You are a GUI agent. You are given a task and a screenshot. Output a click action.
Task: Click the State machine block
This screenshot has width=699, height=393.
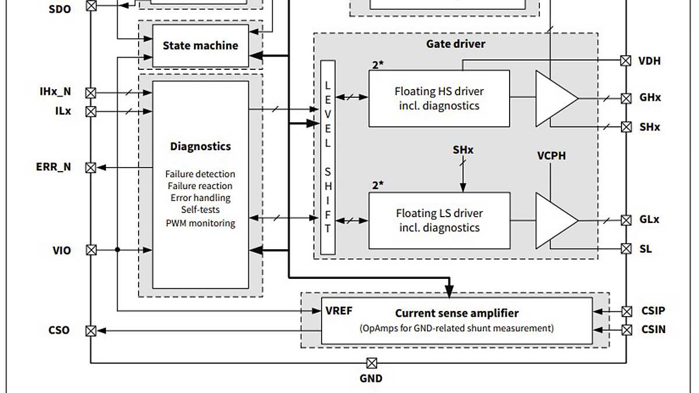pyautogui.click(x=200, y=45)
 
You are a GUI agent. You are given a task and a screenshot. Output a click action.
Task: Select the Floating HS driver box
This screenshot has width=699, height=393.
pyautogui.click(x=439, y=98)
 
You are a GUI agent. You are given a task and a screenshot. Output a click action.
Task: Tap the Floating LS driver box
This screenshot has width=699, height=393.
pyautogui.click(x=439, y=220)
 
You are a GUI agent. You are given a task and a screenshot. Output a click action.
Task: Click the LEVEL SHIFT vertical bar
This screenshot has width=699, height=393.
pyautogui.click(x=328, y=157)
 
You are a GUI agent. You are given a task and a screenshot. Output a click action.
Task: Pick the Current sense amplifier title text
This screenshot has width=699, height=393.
pyautogui.click(x=457, y=313)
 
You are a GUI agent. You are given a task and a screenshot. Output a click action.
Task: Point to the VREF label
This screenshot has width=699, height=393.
pyautogui.click(x=339, y=310)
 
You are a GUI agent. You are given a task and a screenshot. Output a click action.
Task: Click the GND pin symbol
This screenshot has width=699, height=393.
pyautogui.click(x=371, y=363)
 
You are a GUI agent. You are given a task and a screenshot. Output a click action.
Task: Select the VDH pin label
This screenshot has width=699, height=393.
pyautogui.click(x=649, y=61)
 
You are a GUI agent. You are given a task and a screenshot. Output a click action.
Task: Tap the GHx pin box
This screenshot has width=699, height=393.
pyautogui.click(x=626, y=98)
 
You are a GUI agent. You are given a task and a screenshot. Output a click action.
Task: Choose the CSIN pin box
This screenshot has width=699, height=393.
pyautogui.click(x=626, y=330)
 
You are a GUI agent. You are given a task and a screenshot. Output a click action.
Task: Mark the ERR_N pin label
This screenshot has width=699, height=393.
pyautogui.click(x=54, y=167)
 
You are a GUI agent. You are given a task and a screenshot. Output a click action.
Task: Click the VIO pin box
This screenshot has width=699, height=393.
pyautogui.click(x=91, y=250)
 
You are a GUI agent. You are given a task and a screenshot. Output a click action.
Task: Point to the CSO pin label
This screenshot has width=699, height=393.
pyautogui.click(x=59, y=330)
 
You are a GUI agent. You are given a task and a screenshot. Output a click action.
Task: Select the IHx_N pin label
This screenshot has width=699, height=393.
pyautogui.click(x=55, y=92)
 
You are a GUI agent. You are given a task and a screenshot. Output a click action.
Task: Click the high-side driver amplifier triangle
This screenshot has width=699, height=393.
pyautogui.click(x=553, y=98)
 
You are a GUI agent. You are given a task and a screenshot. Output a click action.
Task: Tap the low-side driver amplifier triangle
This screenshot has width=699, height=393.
pyautogui.click(x=553, y=221)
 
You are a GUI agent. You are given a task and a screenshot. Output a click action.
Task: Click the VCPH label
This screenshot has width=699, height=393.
pyautogui.click(x=551, y=156)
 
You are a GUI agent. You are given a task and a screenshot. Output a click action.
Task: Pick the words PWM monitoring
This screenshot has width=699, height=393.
pyautogui.click(x=200, y=223)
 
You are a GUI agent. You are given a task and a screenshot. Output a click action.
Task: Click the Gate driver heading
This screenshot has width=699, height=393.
pyautogui.click(x=456, y=44)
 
